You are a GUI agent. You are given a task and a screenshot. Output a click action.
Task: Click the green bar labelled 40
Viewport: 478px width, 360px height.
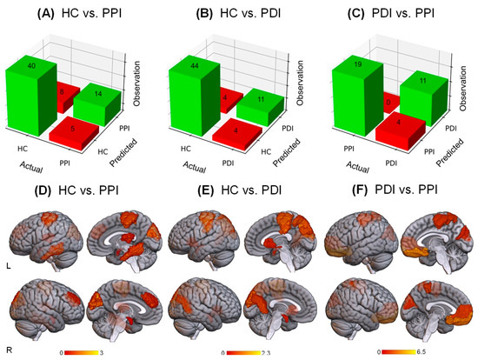pos(31,91)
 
